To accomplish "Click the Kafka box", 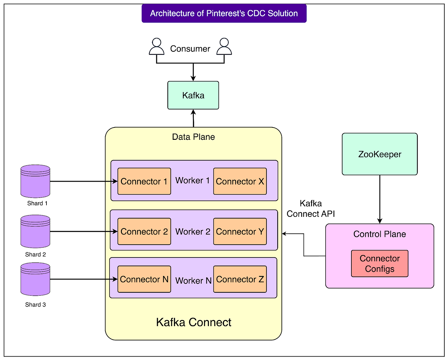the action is (x=193, y=95).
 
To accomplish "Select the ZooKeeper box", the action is (x=379, y=154).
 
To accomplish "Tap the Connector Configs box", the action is (x=379, y=263).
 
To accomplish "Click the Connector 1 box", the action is (x=144, y=181).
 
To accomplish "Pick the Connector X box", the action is (x=240, y=181).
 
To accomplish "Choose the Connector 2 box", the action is (x=144, y=231).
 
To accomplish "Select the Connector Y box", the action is (x=240, y=231).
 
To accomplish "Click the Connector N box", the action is (x=144, y=279).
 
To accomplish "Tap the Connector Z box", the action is (x=240, y=279).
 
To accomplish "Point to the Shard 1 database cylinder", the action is (x=35, y=181).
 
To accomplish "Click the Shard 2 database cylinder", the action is (x=35, y=231).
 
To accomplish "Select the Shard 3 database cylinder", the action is (x=35, y=279).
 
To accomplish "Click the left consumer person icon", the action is (x=157, y=46).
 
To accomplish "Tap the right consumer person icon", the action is (x=224, y=46).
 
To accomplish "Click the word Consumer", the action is (x=190, y=49).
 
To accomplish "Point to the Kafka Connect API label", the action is (x=310, y=208).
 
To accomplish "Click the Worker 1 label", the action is (x=192, y=180).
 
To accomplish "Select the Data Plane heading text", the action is (x=194, y=137).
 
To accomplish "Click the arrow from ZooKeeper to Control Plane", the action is (x=379, y=199).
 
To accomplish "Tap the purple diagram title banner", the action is (x=224, y=13).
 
